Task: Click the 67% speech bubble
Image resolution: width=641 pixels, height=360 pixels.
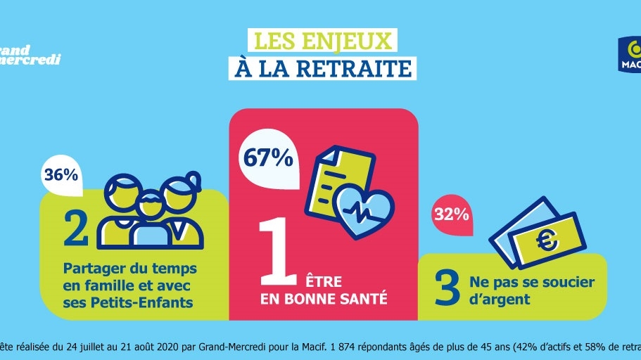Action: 268,158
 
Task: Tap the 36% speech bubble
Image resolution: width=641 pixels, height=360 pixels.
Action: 61,176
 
